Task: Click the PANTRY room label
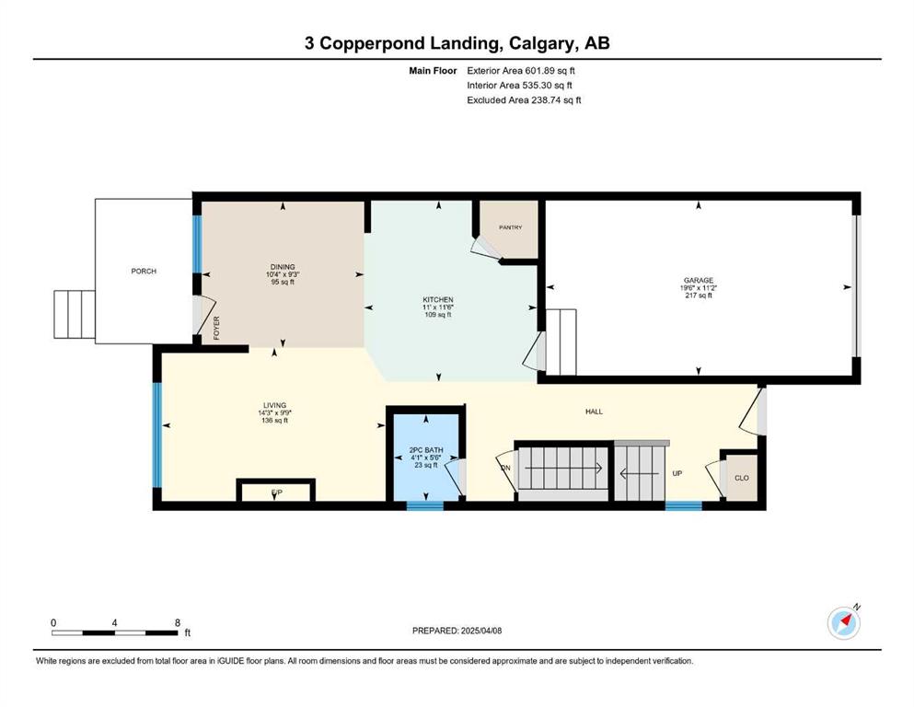[x=510, y=227]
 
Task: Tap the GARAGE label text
[x=699, y=281]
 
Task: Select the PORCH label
[x=144, y=271]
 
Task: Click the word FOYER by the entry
[x=216, y=328]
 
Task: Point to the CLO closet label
[x=742, y=478]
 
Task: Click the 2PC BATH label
[x=426, y=450]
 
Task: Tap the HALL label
[x=594, y=411]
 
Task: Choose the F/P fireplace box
[x=276, y=490]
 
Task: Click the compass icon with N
[x=844, y=622]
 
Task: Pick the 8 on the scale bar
[x=178, y=622]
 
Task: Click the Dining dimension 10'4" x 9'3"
[x=283, y=274]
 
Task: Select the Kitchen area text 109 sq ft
[x=438, y=315]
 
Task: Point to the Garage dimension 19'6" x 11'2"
[x=699, y=288]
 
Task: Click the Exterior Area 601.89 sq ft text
[x=521, y=71]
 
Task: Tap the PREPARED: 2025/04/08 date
[x=457, y=631]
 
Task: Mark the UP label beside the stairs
[x=677, y=473]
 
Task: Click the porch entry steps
[x=75, y=314]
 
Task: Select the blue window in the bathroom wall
[x=425, y=505]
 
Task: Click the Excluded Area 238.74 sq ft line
[x=524, y=99]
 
